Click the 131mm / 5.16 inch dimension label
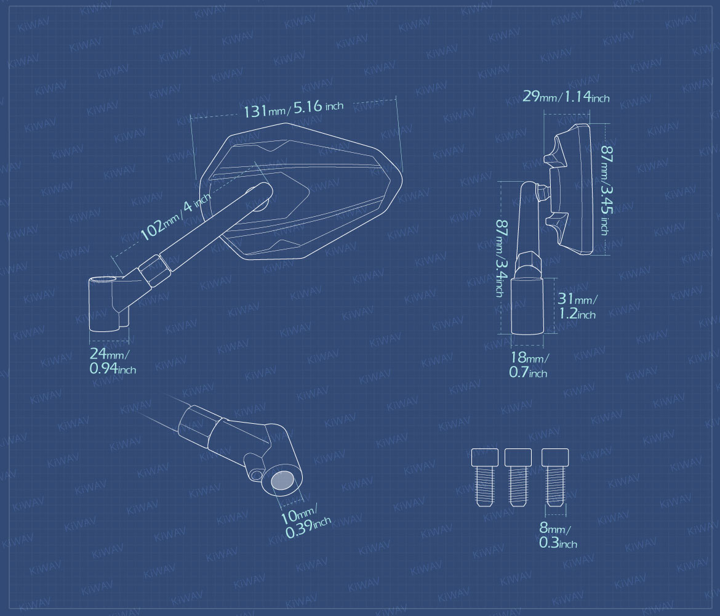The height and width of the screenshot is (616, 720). click(294, 109)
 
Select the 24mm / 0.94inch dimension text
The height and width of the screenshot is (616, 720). click(113, 362)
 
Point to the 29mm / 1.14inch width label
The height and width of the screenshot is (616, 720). click(566, 97)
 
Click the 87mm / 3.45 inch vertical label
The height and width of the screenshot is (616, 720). click(607, 190)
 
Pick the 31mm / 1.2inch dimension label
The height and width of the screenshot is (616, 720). click(577, 306)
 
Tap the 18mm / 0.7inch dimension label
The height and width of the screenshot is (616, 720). click(529, 365)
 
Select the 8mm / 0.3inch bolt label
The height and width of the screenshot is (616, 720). click(558, 535)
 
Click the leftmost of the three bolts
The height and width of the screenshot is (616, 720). click(485, 477)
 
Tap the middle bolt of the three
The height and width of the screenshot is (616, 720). click(518, 477)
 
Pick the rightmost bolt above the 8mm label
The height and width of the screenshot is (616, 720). click(555, 477)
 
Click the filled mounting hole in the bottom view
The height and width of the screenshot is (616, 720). click(282, 481)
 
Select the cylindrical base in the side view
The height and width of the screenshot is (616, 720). click(527, 306)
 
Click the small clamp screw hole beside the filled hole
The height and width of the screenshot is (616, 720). click(256, 475)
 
